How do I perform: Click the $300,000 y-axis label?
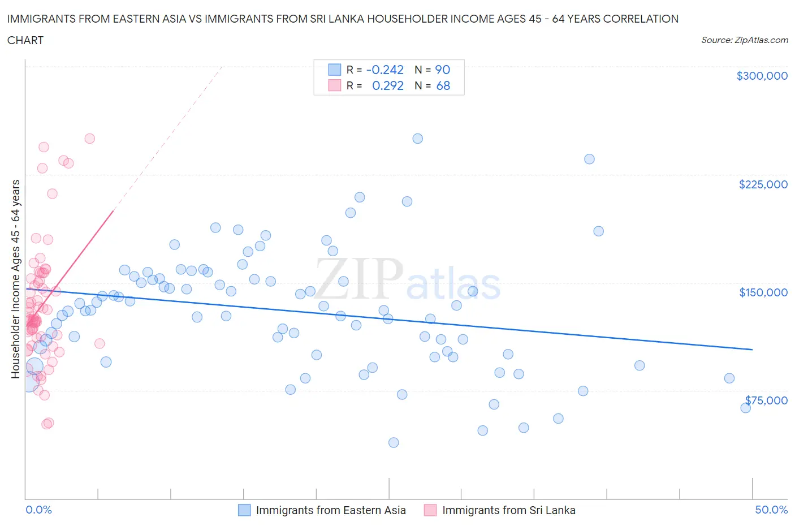(762, 76)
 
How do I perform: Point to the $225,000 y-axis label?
(763, 184)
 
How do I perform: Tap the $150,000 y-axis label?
(763, 292)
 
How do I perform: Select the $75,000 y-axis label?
(766, 400)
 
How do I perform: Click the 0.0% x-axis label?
(38, 510)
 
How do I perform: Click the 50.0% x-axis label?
(771, 510)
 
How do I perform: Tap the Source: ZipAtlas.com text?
(744, 40)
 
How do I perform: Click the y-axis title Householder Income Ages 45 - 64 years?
(16, 279)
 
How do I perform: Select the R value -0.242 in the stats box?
(384, 70)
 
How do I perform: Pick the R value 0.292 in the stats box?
(387, 85)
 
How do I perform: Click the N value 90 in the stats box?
(442, 70)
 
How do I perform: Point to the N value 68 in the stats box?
(443, 85)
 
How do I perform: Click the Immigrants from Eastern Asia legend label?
(331, 510)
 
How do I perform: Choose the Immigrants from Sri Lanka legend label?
(508, 510)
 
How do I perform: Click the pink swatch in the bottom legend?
(430, 510)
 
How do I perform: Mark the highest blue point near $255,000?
(417, 139)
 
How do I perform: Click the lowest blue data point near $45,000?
(394, 442)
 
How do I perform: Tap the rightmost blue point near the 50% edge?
(745, 408)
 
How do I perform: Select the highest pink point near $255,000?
(89, 139)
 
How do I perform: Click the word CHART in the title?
(25, 40)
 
